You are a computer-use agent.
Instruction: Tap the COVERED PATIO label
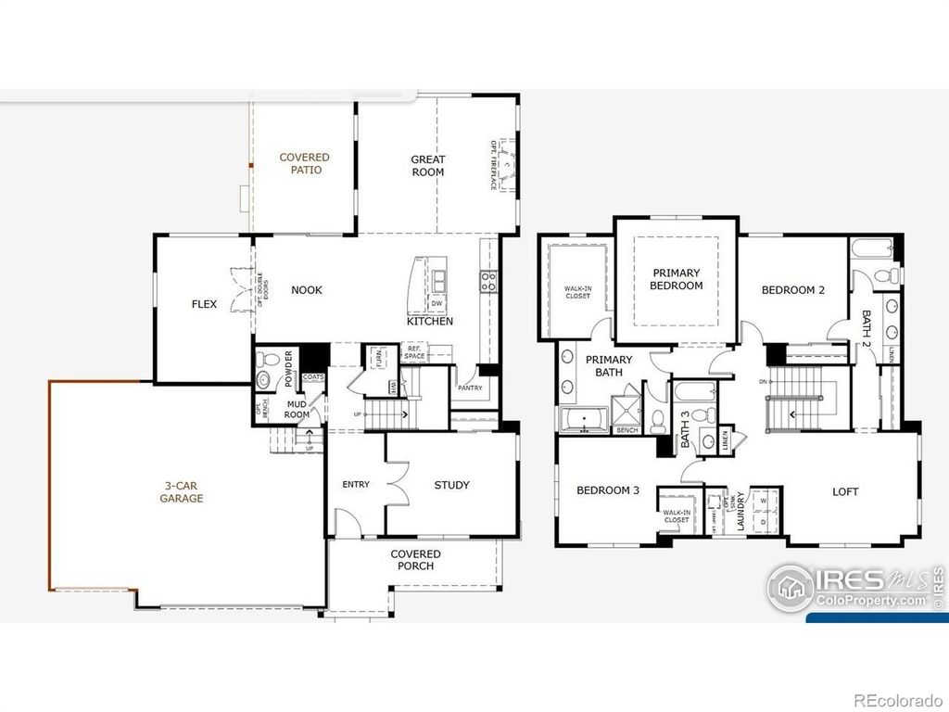pos(305,164)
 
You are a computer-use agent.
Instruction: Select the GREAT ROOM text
pos(428,166)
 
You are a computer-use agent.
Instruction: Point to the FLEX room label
pos(205,304)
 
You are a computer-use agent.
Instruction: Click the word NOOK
pos(307,290)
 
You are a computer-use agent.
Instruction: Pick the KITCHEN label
pos(430,322)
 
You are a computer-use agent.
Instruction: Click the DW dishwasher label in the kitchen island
pos(437,304)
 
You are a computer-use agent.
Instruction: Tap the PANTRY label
pos(470,388)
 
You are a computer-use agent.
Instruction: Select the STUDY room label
pos(451,485)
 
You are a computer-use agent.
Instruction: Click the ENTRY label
pos(356,485)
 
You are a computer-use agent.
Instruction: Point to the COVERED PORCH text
pos(416,560)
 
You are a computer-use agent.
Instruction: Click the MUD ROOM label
pos(297,410)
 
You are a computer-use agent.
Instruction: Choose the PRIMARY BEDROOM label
pos(677,279)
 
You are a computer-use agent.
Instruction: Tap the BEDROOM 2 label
pos(793,290)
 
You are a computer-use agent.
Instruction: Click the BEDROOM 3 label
pos(608,490)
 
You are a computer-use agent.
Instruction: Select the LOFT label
pos(845,492)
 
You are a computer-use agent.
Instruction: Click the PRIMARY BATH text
pos(609,366)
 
